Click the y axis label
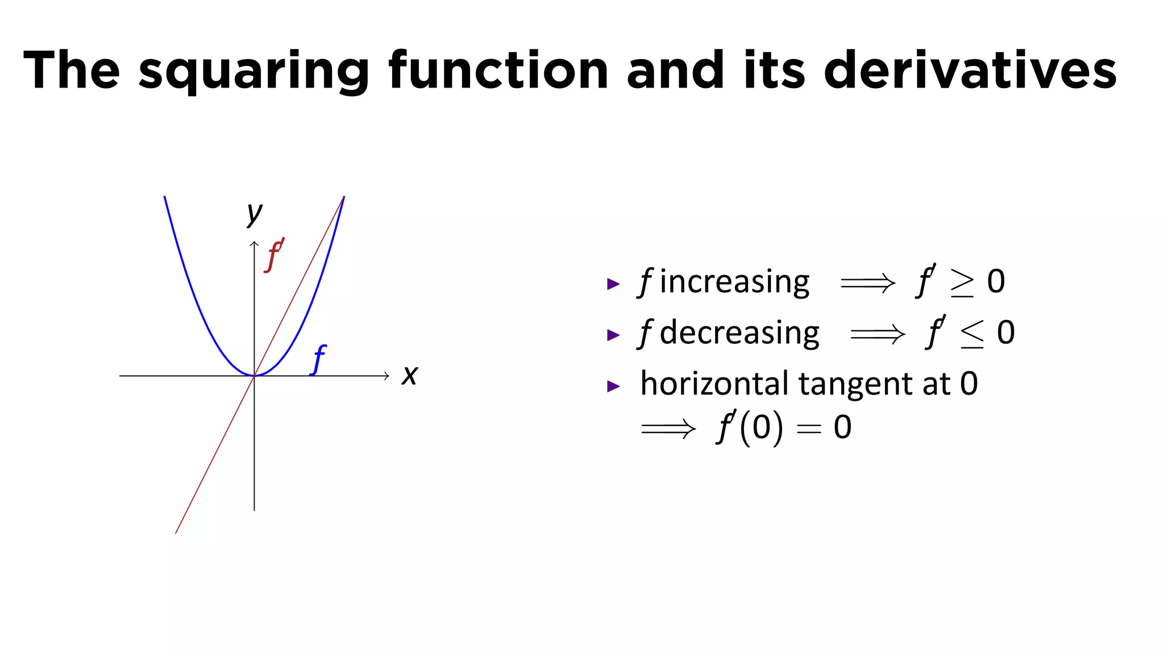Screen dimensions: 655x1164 [x=255, y=213]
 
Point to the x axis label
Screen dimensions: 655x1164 [x=409, y=375]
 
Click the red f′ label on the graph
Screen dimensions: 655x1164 [x=274, y=255]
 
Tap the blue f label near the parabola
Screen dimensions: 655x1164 [x=319, y=359]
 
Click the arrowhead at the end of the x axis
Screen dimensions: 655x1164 [x=386, y=375]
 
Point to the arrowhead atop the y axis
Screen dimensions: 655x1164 [x=254, y=244]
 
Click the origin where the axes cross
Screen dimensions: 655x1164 [x=254, y=375]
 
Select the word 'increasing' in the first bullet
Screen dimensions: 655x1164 [x=734, y=282]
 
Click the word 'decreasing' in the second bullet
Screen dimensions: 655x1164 [x=739, y=333]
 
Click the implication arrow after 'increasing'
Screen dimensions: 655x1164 [x=868, y=283]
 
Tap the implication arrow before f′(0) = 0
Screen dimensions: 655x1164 [x=668, y=428]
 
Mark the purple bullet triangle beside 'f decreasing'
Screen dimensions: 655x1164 [x=613, y=335]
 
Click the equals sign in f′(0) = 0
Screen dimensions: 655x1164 [x=809, y=429]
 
